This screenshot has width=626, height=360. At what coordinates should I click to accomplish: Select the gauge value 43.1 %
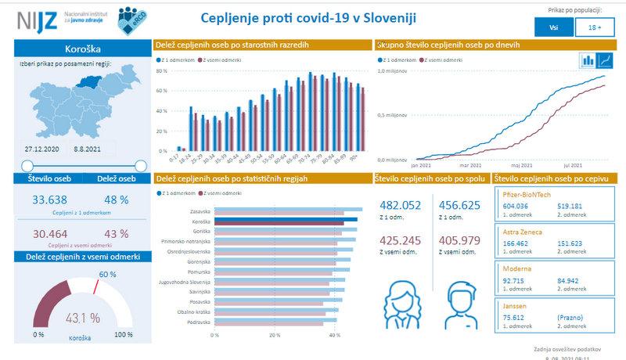click(83, 318)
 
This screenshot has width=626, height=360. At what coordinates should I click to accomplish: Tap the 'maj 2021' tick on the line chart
click(520, 165)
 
